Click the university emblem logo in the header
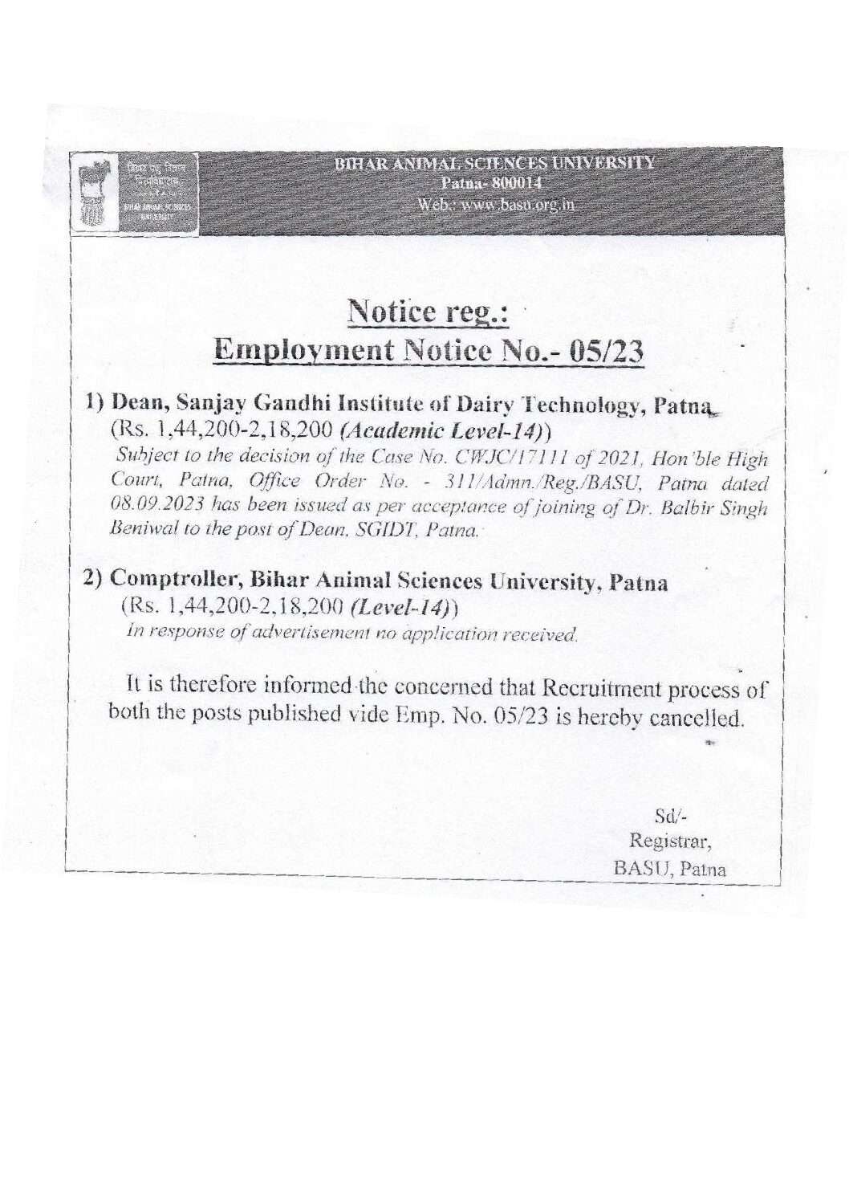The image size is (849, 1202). tap(99, 195)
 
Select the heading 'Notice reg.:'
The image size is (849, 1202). tap(427, 313)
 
